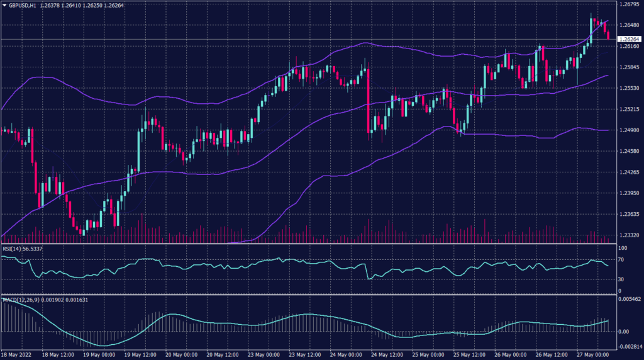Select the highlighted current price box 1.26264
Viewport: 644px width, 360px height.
(628, 39)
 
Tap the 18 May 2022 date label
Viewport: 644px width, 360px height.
(17, 354)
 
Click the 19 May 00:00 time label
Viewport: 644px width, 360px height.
(99, 354)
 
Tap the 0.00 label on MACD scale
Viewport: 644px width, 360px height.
(623, 330)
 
